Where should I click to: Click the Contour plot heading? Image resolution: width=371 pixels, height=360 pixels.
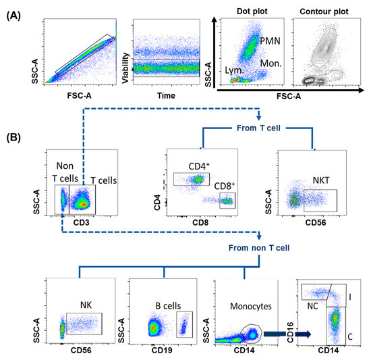point(326,10)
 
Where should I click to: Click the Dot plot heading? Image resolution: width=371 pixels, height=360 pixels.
point(252,10)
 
